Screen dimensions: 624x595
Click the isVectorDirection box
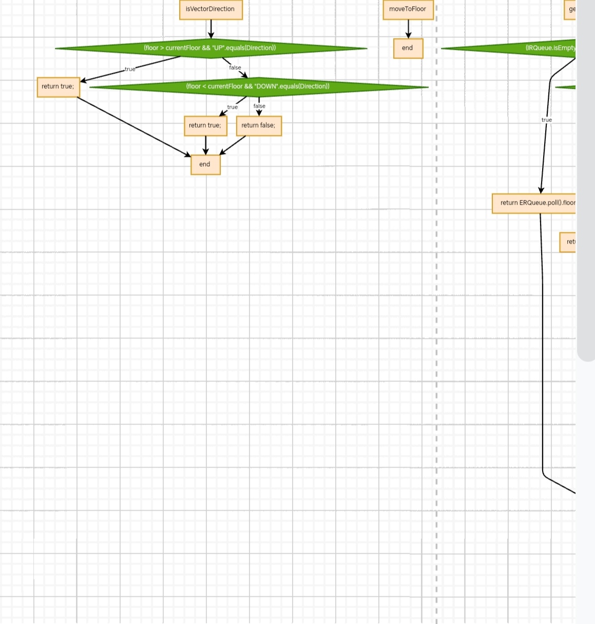(x=210, y=9)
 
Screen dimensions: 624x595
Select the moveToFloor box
(x=408, y=9)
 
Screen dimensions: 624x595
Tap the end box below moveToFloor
(x=408, y=48)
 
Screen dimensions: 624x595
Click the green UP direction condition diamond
(x=210, y=48)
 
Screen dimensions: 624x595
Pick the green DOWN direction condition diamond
(x=258, y=87)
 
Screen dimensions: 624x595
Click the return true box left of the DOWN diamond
(x=58, y=87)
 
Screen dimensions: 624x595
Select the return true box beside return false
(x=205, y=126)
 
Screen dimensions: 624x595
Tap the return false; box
(x=258, y=126)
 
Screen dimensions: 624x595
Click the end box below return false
(x=205, y=165)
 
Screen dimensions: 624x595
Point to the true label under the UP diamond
(x=130, y=69)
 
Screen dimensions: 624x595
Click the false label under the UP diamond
(x=235, y=68)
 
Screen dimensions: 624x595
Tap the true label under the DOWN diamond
(x=233, y=107)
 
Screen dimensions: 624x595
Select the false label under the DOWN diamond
(x=259, y=106)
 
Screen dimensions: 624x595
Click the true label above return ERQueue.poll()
(x=547, y=120)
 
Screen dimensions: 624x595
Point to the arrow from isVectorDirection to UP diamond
(x=211, y=29)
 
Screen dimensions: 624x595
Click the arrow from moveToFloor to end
(x=409, y=29)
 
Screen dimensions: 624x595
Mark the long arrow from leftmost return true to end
(x=133, y=126)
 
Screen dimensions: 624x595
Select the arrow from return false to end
(x=233, y=145)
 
